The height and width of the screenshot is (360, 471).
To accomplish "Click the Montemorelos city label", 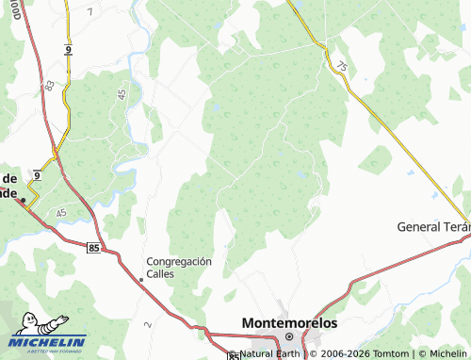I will [x=289, y=322].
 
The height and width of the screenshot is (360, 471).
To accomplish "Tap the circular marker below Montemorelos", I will [x=290, y=336].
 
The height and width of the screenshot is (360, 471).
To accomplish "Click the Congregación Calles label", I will [x=179, y=267].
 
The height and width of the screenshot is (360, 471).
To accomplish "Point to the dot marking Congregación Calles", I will [x=141, y=279].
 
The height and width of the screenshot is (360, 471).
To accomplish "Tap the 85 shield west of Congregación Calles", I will [x=92, y=247].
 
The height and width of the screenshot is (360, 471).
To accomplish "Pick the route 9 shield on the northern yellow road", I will [x=69, y=48].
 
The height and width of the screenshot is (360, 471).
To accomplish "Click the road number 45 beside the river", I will [x=122, y=94].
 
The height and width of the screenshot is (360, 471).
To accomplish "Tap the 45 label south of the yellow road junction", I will [x=61, y=214].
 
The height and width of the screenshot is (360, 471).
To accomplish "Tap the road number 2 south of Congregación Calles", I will [x=148, y=324].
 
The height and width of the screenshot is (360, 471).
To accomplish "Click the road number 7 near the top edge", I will [x=89, y=12].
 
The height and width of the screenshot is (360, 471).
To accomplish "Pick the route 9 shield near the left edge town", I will [x=36, y=175].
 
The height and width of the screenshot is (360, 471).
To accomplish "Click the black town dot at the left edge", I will [x=23, y=200].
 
